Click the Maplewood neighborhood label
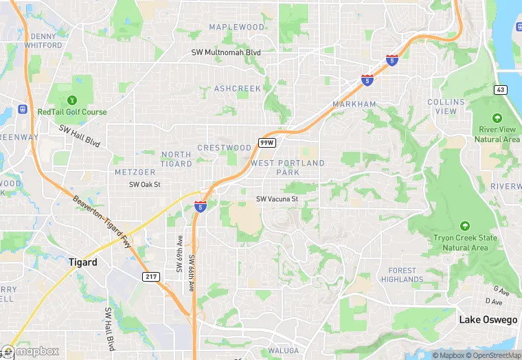click(x=236, y=27)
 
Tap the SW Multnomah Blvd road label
click(x=226, y=52)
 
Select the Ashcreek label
click(x=238, y=89)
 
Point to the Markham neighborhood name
click(x=354, y=104)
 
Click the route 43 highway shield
click(x=500, y=90)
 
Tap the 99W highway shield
click(x=266, y=142)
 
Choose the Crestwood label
click(x=225, y=148)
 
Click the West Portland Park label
click(x=287, y=168)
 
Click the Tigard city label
click(x=83, y=262)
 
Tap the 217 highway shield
click(x=152, y=276)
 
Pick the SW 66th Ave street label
click(x=192, y=273)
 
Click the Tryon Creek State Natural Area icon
click(x=465, y=225)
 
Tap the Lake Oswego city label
click(x=488, y=320)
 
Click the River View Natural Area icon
click(x=497, y=119)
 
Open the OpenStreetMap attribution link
click(x=493, y=355)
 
